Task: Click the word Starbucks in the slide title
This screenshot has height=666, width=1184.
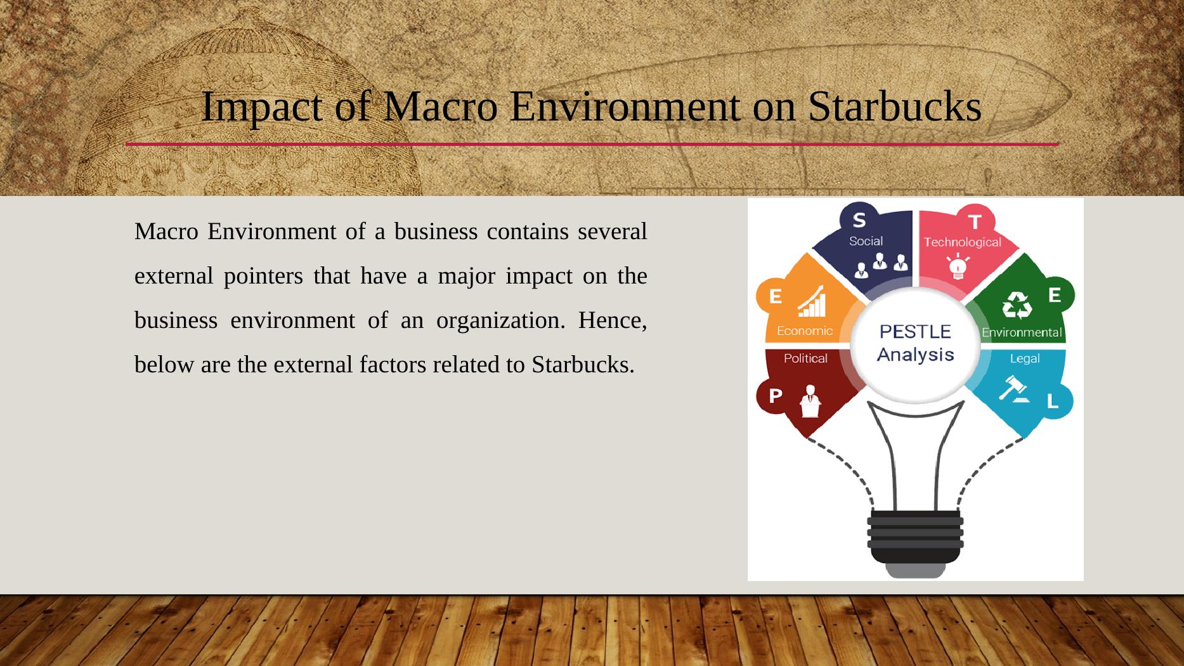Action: pos(894,106)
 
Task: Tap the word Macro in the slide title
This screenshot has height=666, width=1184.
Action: pos(440,106)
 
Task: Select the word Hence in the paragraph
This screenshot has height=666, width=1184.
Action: pos(611,320)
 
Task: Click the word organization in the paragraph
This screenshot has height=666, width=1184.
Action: pos(500,320)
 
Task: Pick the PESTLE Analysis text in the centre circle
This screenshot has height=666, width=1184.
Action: pos(915,343)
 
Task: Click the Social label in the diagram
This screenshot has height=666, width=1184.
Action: pos(866,241)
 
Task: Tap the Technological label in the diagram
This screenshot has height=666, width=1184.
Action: pos(962,242)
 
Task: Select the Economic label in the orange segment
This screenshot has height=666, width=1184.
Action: pos(805,330)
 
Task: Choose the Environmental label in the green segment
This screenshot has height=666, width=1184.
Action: pos(1021,332)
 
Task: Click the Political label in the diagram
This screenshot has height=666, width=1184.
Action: pos(805,358)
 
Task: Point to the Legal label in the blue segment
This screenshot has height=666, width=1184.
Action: pos(1024,358)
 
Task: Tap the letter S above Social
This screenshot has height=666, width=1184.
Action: pos(859,220)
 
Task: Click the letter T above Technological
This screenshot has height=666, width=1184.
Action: pos(974,221)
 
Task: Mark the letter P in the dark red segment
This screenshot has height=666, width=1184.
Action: pos(775,396)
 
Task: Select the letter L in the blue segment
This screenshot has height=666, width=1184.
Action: pos(1052,401)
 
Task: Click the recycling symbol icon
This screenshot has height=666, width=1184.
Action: pos(1017,305)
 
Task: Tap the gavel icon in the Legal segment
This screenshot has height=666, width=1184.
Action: pos(1013,388)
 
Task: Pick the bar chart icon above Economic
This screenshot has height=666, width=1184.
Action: pos(812,301)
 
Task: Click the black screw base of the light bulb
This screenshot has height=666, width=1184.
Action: pos(915,536)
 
